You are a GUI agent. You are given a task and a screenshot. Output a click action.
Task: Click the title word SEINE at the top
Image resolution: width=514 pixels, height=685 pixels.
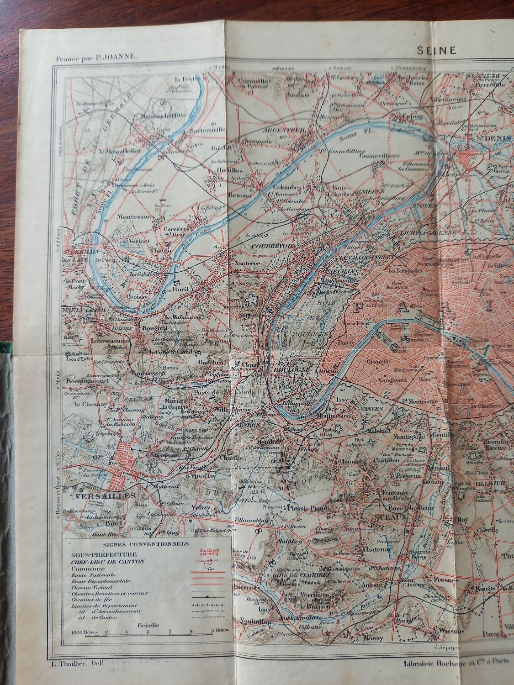[x=436, y=51]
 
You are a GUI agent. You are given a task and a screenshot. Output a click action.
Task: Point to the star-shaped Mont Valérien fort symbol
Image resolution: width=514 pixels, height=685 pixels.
[x=250, y=300]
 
